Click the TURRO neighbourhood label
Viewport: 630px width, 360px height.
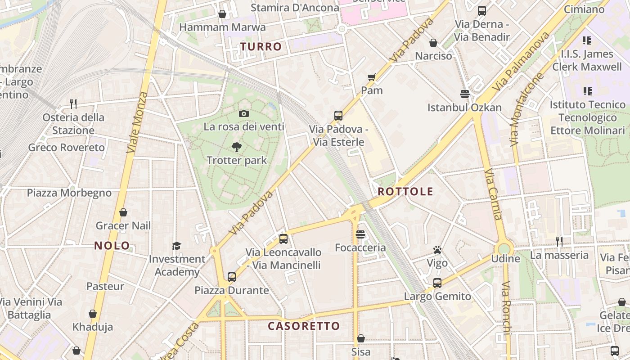coord(261,46)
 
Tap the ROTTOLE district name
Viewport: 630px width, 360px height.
coord(405,191)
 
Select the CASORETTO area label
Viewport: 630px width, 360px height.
coord(304,326)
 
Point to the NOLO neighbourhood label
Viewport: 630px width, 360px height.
coord(112,246)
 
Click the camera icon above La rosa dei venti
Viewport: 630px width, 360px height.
coord(244,113)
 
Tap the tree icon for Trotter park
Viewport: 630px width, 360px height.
coord(236,147)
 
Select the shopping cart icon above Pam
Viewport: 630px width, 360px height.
coord(372,77)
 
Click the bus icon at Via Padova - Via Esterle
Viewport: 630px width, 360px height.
coord(338,116)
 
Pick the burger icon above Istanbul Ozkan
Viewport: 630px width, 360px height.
coord(465,94)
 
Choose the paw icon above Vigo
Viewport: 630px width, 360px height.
coord(437,250)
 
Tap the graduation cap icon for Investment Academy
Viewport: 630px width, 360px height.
coord(176,246)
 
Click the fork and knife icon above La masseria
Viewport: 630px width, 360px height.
coord(559,242)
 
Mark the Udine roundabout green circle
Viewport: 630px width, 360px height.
coord(504,248)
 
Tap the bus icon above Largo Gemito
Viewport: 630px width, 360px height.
coord(437,283)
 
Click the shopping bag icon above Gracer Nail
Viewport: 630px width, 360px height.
coord(123,212)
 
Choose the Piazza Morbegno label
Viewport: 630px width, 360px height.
coord(69,193)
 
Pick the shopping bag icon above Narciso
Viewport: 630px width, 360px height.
coord(433,43)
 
